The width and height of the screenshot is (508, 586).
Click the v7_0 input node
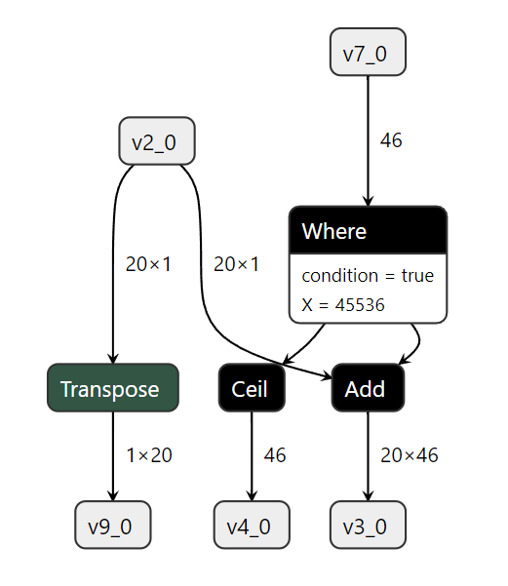point(368,53)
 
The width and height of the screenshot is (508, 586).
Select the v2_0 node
point(156,141)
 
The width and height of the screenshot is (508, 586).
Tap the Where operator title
point(368,231)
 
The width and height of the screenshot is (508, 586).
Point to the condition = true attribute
point(368,276)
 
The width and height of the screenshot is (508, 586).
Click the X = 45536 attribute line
point(343,305)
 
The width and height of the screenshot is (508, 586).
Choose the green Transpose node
point(112,388)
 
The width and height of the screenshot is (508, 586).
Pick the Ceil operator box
point(252,388)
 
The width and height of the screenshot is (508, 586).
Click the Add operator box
point(368,388)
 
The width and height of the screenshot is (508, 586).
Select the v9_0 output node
point(112,526)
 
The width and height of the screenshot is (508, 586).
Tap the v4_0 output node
point(252,526)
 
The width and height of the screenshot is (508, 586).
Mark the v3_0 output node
point(368,526)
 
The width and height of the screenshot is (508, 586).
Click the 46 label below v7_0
point(391,140)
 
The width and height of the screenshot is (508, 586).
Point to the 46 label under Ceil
point(275,455)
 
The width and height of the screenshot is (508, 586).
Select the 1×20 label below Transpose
point(149,455)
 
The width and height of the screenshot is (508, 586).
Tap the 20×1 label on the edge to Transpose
point(149,264)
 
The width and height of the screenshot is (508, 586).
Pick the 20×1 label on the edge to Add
point(237,264)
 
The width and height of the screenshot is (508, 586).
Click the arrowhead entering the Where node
point(368,201)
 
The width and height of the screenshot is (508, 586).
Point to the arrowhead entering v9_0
point(112,496)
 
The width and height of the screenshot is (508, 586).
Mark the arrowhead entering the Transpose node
point(112,359)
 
